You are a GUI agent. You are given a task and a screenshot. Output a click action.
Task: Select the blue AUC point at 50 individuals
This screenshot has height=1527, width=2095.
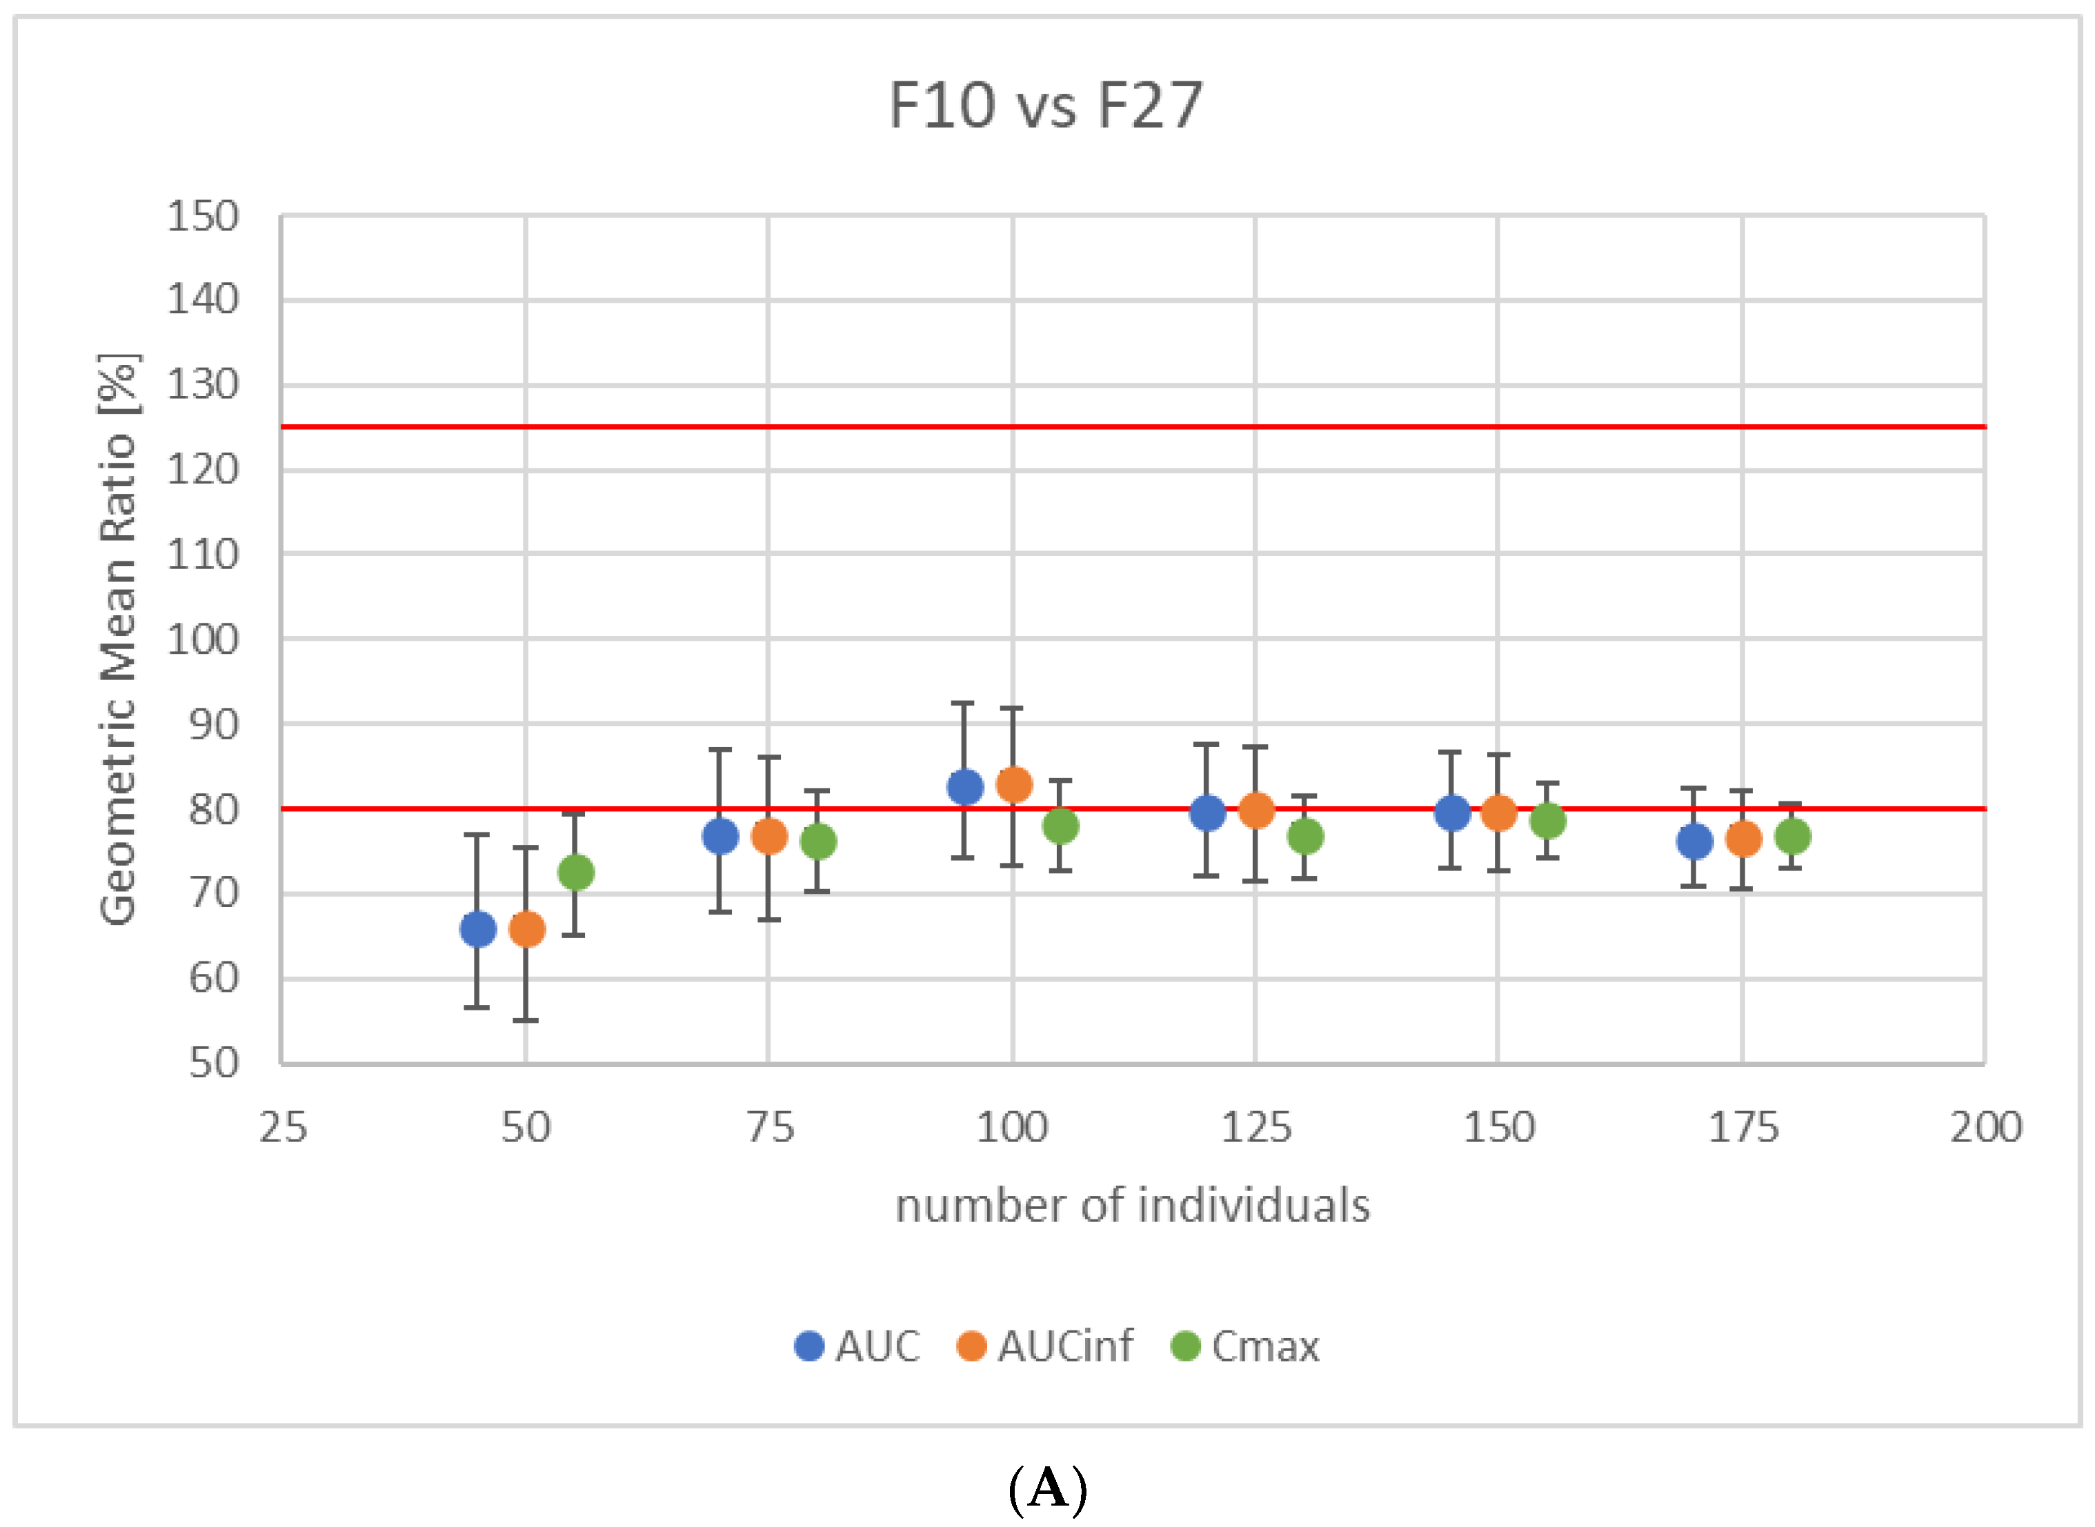(x=477, y=928)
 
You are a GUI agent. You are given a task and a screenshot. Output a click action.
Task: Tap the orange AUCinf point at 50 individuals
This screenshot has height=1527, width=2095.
(x=526, y=928)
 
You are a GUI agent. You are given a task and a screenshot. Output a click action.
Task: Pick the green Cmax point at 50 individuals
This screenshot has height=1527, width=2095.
(x=575, y=872)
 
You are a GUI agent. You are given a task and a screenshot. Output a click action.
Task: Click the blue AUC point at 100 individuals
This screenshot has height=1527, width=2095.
(x=964, y=787)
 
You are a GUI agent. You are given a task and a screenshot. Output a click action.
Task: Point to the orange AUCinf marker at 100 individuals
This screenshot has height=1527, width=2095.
(x=1013, y=785)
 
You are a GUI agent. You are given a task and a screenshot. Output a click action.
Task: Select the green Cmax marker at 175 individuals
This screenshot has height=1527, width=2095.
(x=1791, y=837)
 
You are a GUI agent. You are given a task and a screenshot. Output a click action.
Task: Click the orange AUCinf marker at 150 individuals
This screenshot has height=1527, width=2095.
(x=1499, y=812)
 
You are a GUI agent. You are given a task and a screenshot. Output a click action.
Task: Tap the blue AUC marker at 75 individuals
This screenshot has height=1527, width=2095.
(x=720, y=837)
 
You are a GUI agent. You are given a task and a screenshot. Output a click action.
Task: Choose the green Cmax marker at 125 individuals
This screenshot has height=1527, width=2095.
(x=1304, y=837)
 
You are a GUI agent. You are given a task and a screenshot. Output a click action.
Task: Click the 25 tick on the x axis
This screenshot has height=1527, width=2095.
(x=282, y=1128)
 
